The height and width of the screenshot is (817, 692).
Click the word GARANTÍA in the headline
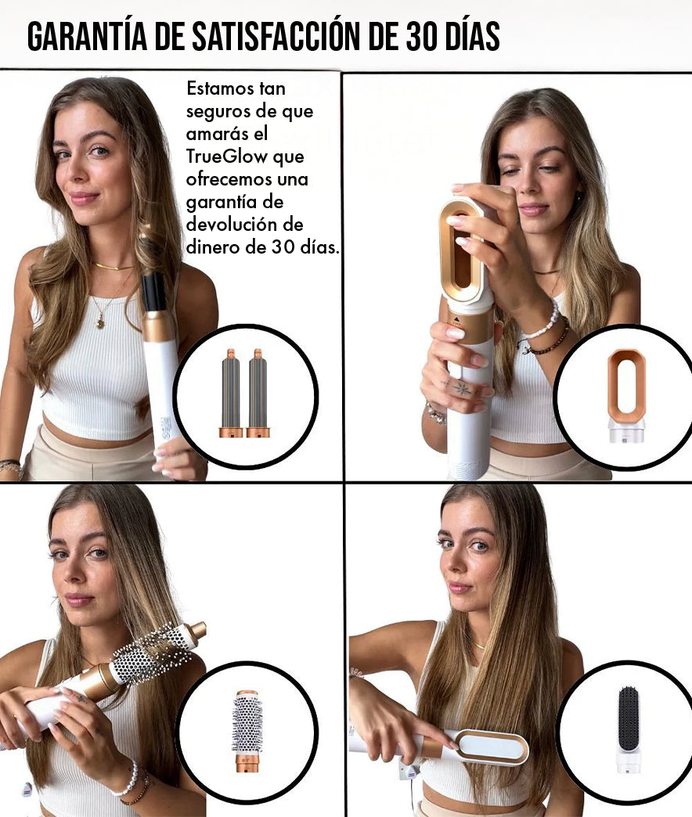coord(87,37)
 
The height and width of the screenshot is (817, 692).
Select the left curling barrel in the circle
coord(231,393)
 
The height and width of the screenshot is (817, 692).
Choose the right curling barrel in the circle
coord(258,393)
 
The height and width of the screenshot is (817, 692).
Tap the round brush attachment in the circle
coord(247,730)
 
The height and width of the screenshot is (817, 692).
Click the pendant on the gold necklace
coord(100,323)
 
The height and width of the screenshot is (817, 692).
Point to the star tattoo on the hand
coord(462,388)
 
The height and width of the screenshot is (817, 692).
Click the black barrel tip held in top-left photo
coord(154,292)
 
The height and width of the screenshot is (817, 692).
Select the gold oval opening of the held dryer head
coord(462,250)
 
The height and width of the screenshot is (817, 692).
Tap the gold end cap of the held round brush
coord(197,631)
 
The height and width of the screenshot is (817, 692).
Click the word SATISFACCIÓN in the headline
coord(279,37)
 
